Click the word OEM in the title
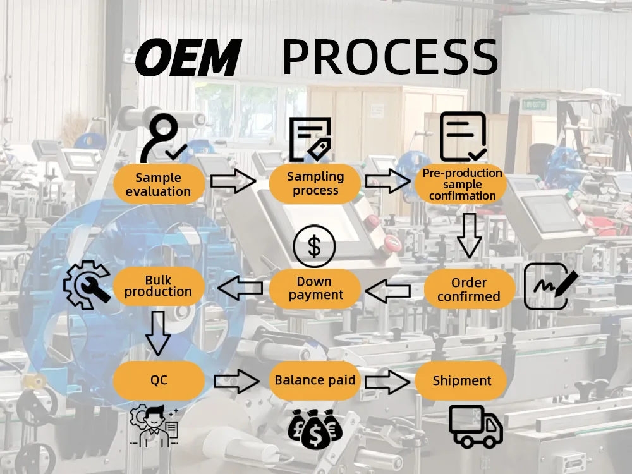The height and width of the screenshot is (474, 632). pos(188,57)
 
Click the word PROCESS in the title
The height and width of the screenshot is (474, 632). pos(390,57)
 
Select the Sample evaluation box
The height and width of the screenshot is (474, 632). pos(158,185)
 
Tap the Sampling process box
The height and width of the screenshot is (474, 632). pos(315,183)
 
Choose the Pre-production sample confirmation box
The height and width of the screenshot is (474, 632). pos(462,184)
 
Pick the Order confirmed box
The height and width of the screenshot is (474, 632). pos(468,289)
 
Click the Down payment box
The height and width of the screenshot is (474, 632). pos(315,288)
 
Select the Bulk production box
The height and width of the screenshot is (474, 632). pos(158,286)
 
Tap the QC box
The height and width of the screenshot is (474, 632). pos(158,380)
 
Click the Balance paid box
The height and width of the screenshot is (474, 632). pos(315,380)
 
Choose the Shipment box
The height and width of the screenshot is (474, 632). pos(462,380)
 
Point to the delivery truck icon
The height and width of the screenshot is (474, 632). pos(475,426)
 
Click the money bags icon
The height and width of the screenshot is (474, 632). pos(315,428)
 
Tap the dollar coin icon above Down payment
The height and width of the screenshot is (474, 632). pos(314,246)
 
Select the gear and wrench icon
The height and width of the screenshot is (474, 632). pos(87,284)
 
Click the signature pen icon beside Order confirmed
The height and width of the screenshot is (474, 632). pos(550,286)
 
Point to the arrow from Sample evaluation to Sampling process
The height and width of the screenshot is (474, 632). pos(233,182)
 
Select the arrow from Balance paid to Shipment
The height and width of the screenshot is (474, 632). pos(387,381)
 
